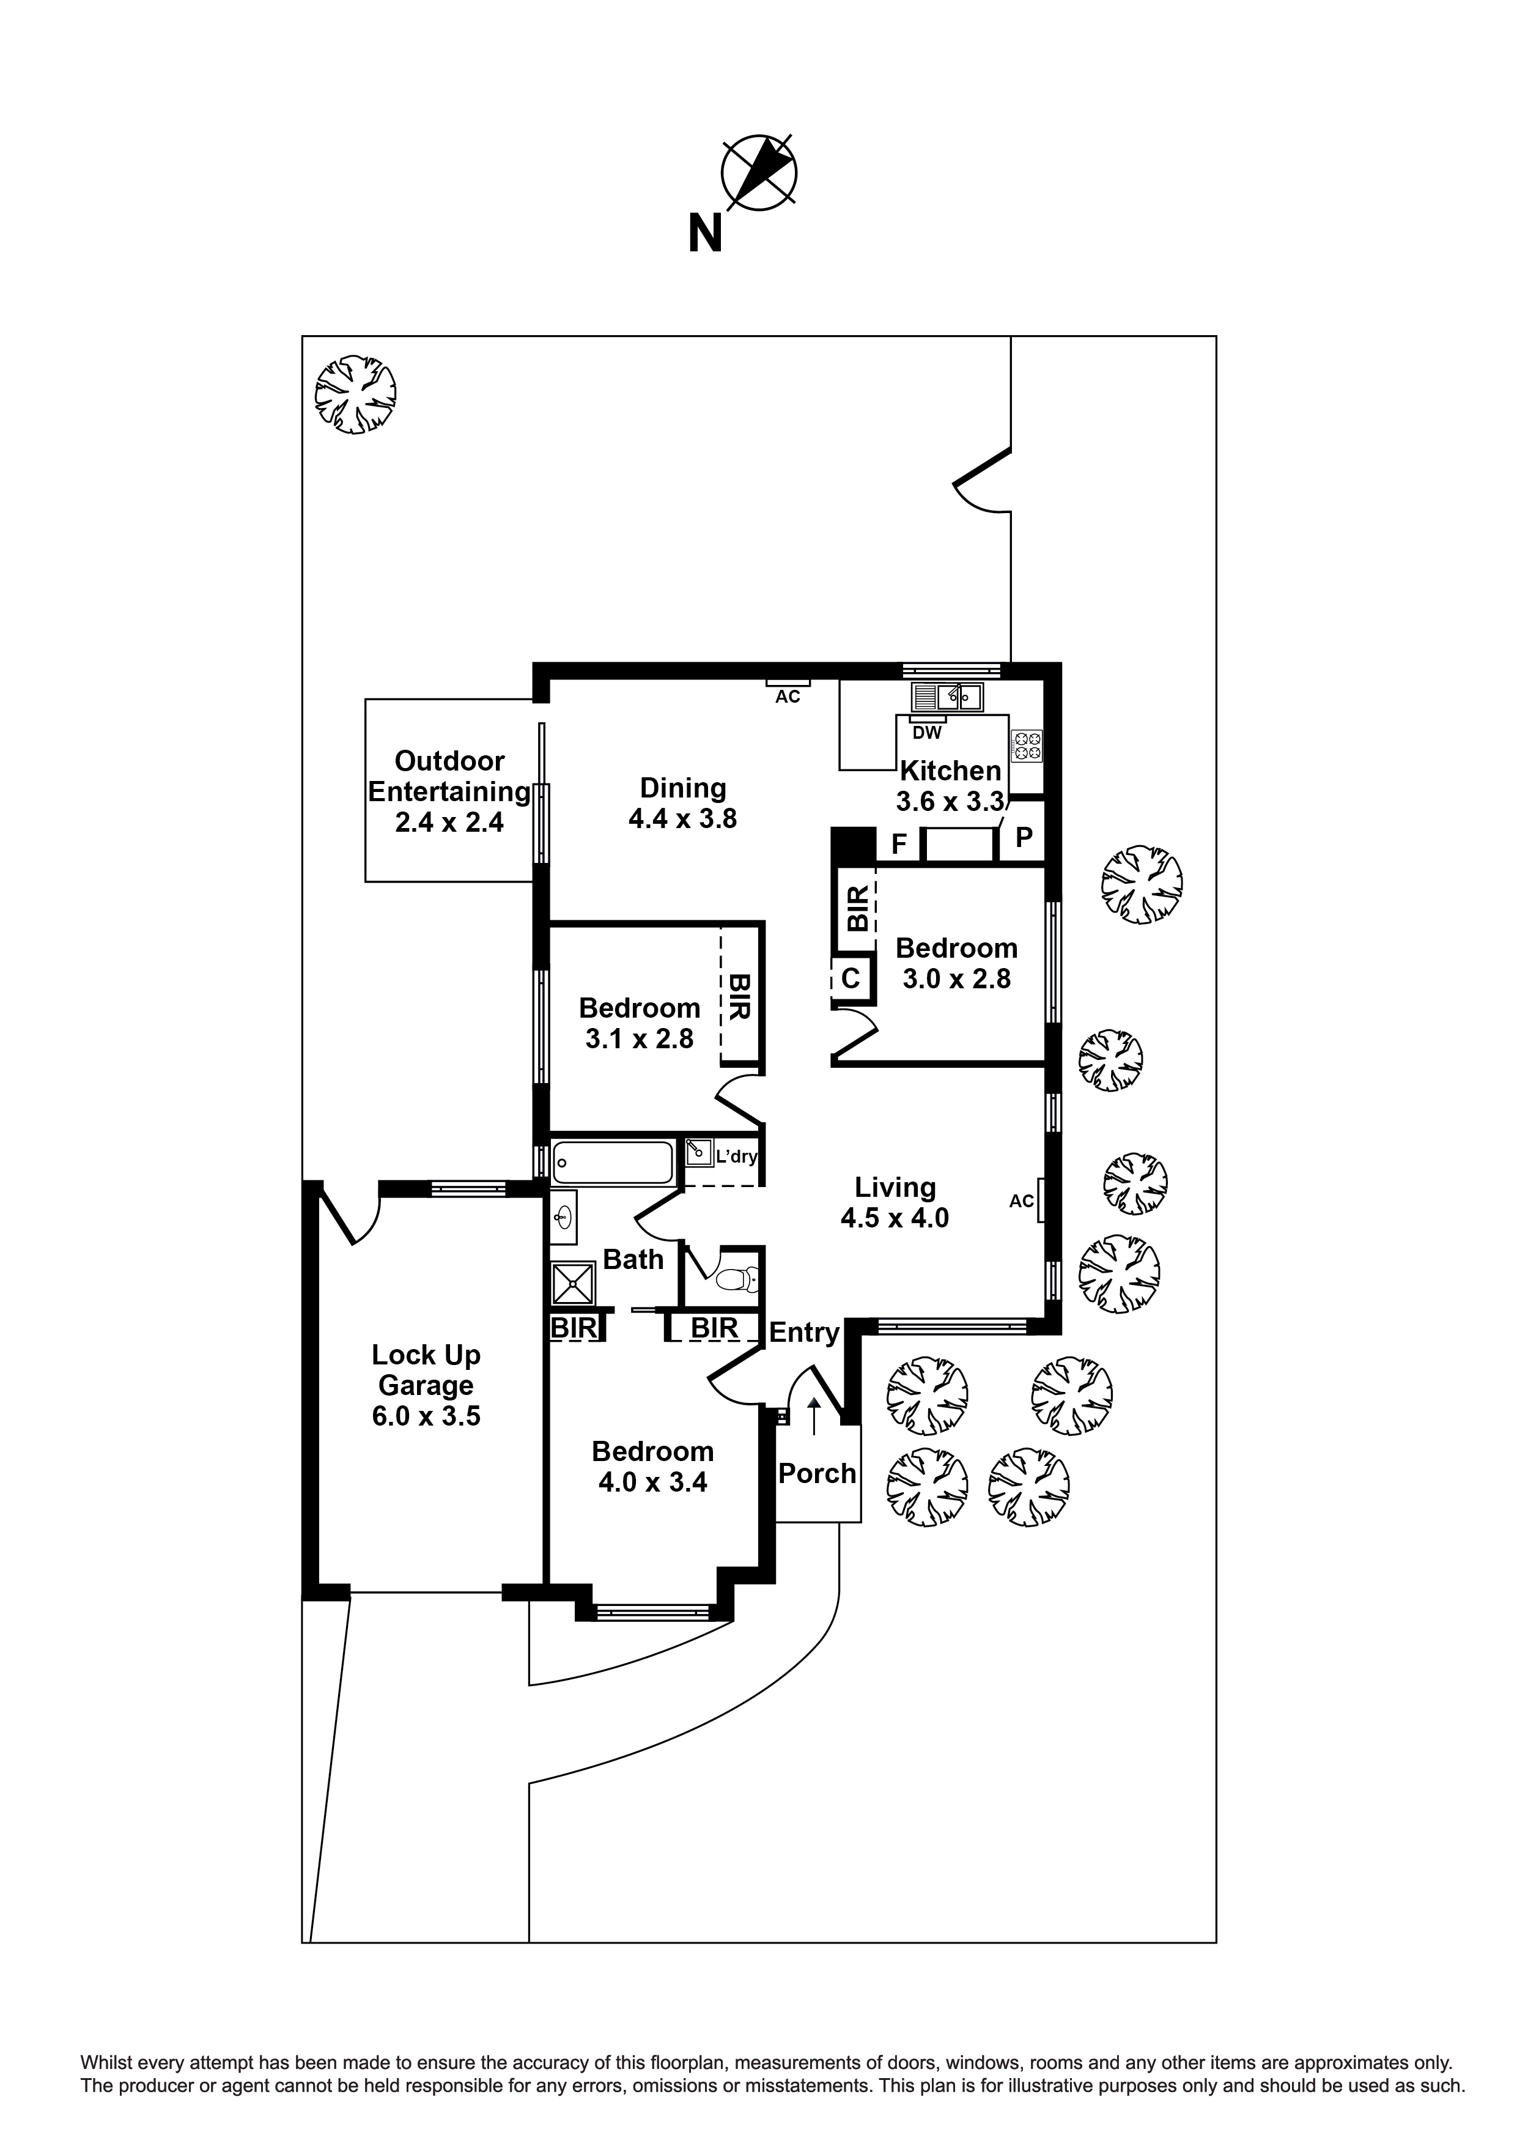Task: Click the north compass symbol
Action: tap(758, 172)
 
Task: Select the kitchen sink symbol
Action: tap(947, 697)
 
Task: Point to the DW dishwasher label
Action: tap(926, 733)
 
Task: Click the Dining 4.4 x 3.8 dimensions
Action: tap(682, 819)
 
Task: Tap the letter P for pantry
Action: tap(1024, 837)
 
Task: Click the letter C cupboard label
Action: tap(851, 979)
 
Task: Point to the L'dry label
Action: tap(736, 1156)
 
